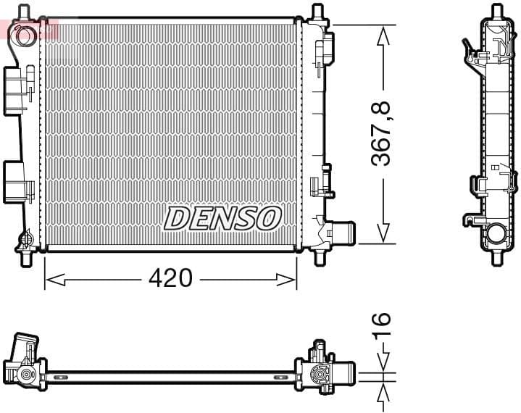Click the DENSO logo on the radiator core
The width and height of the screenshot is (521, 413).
tap(222, 217)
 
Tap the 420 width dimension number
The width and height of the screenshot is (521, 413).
tap(170, 278)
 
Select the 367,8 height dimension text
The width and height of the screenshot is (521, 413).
tap(382, 133)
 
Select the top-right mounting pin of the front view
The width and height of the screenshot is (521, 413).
tap(317, 13)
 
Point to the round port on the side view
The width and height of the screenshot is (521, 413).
tap(496, 234)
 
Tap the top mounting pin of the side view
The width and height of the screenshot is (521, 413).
tap(496, 12)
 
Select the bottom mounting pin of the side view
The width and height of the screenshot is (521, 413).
tap(496, 256)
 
